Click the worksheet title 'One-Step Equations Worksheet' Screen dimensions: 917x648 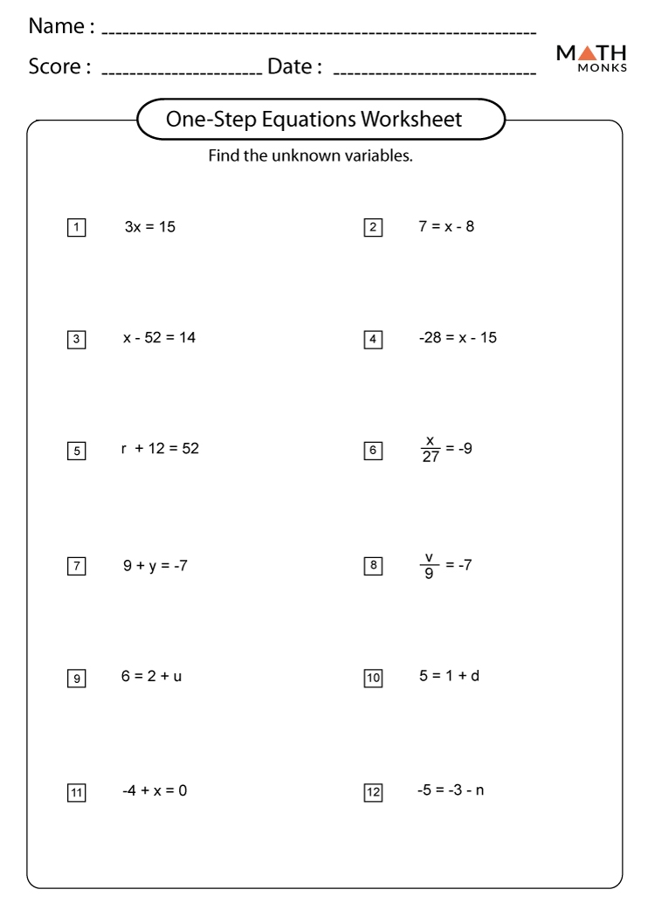314,119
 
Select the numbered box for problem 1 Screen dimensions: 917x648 77,229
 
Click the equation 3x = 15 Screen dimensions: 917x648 150,228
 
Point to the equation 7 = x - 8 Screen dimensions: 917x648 446,227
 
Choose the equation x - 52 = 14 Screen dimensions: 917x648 159,338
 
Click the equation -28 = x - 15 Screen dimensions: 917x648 458,338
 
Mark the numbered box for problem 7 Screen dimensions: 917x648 77,566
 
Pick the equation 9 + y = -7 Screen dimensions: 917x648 155,564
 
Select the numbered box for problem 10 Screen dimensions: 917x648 373,679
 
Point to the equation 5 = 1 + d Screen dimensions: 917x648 449,677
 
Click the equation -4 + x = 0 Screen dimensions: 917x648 155,790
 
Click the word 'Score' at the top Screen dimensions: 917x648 57,67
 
